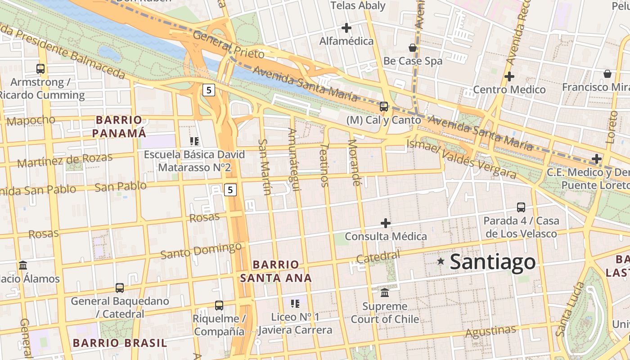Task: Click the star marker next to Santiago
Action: (x=441, y=261)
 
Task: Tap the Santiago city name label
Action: (x=493, y=261)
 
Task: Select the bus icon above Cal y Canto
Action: (x=384, y=107)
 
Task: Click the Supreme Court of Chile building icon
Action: (x=385, y=293)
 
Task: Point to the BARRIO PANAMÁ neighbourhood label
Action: (x=119, y=126)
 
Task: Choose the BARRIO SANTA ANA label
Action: (x=276, y=271)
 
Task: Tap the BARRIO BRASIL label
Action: (x=120, y=343)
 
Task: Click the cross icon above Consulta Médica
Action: (x=386, y=223)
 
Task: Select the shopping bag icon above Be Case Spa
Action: (x=413, y=48)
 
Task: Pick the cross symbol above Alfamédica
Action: (x=346, y=28)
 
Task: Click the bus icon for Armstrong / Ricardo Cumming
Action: (x=40, y=69)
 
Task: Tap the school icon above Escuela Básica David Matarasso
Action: (x=194, y=141)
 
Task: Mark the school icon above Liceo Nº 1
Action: (x=295, y=304)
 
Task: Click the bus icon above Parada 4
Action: (x=521, y=207)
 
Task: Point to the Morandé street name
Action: (x=355, y=162)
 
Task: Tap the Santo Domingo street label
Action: (x=201, y=251)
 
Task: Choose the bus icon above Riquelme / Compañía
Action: (x=219, y=306)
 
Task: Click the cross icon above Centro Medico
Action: (x=509, y=76)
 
